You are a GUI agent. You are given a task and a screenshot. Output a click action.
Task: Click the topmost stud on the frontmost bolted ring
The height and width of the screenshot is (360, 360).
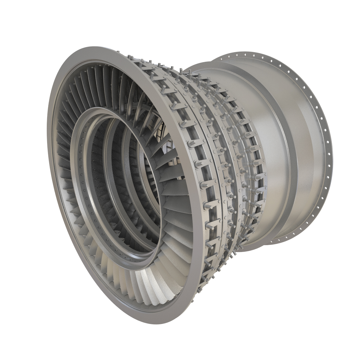click(x=130, y=56)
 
